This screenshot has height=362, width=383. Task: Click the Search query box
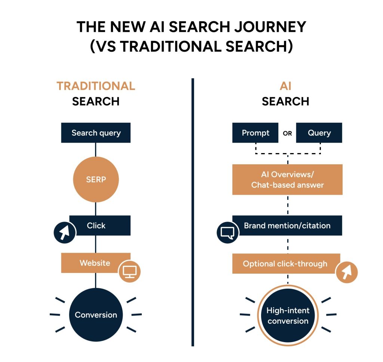96,133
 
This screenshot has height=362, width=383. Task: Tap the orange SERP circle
96,179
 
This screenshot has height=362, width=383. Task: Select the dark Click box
100,225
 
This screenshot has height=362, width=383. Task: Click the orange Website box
95,263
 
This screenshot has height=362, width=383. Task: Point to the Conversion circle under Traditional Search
96,315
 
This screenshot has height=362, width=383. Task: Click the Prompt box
255,133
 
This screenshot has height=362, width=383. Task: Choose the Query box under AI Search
319,133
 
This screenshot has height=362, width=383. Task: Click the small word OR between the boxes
287,133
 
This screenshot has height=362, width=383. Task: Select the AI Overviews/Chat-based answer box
287,180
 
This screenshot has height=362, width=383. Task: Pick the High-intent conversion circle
288,316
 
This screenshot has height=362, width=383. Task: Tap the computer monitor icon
129,271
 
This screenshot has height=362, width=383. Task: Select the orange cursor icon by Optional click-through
347,272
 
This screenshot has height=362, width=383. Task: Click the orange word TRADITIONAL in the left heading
96,86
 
